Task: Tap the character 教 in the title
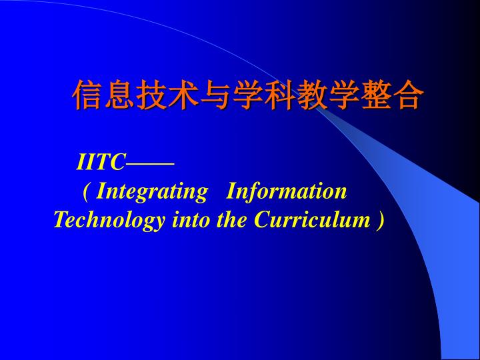[313, 95]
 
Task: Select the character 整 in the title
[377, 95]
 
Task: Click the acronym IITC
[101, 162]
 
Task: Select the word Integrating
[152, 192]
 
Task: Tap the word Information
[286, 191]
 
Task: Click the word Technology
[109, 221]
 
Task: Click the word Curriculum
[312, 219]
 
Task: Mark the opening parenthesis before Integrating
[86, 192]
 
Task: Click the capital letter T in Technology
[61, 219]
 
